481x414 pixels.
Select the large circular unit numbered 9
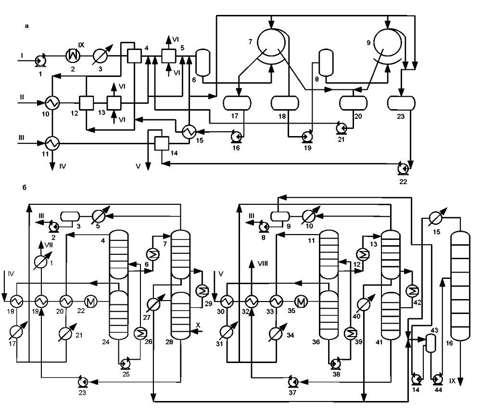point(388,42)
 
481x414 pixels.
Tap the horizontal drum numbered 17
point(237,103)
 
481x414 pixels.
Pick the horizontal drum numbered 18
point(285,103)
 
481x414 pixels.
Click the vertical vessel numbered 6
point(203,63)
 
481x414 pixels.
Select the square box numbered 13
point(114,103)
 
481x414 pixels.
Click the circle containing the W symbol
point(73,56)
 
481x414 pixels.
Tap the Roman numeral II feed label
point(22,97)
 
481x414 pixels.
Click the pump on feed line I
point(40,61)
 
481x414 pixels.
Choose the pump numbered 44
point(437,380)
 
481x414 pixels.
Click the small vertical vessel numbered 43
point(431,343)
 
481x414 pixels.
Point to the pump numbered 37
point(293,381)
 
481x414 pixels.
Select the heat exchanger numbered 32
point(252,302)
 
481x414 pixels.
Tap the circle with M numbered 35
point(301,302)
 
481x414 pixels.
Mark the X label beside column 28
point(198,325)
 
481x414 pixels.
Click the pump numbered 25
point(126,364)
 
